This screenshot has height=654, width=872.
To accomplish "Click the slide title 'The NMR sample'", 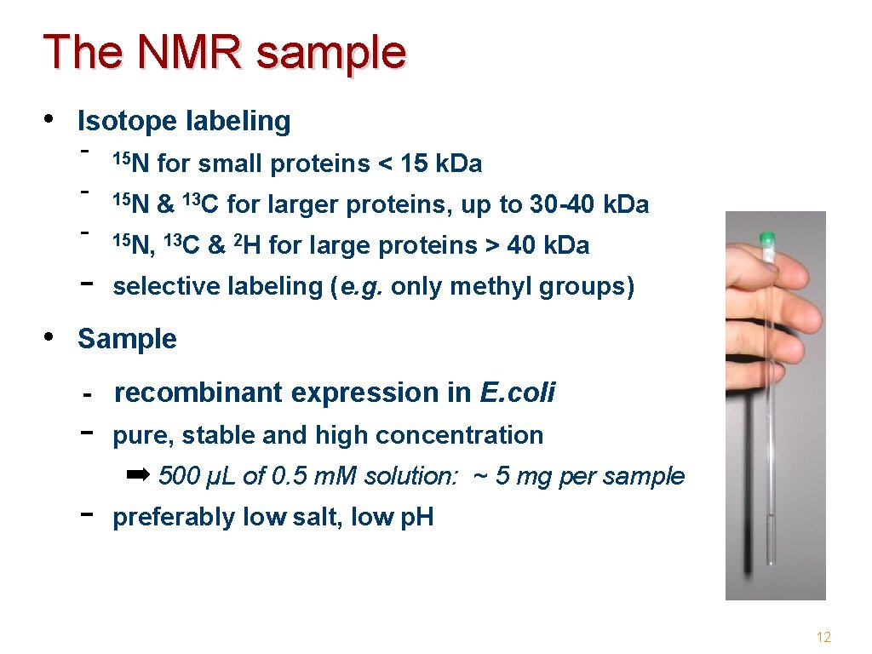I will [225, 53].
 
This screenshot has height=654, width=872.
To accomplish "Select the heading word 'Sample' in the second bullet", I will [127, 339].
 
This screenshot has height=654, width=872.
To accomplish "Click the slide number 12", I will [823, 637].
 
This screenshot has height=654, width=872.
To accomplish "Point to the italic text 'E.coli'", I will [518, 393].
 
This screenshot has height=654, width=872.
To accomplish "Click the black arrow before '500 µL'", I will [137, 473].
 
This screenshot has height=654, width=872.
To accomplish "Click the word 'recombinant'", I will [198, 393].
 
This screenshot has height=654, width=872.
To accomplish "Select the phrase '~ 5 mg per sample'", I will [578, 476].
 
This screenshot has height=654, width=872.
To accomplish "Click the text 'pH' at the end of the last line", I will [416, 517].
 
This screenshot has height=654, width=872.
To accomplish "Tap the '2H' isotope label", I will [246, 245].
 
